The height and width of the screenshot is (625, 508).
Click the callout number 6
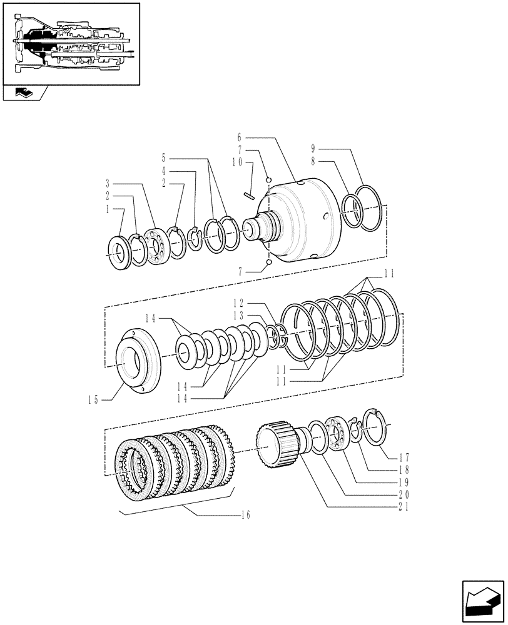(240, 136)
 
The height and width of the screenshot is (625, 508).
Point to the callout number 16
(245, 515)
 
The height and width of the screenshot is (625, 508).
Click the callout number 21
(403, 507)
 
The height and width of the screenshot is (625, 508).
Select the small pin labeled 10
(250, 194)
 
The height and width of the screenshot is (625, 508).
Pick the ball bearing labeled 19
(340, 436)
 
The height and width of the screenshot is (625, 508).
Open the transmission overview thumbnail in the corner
(70, 43)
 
